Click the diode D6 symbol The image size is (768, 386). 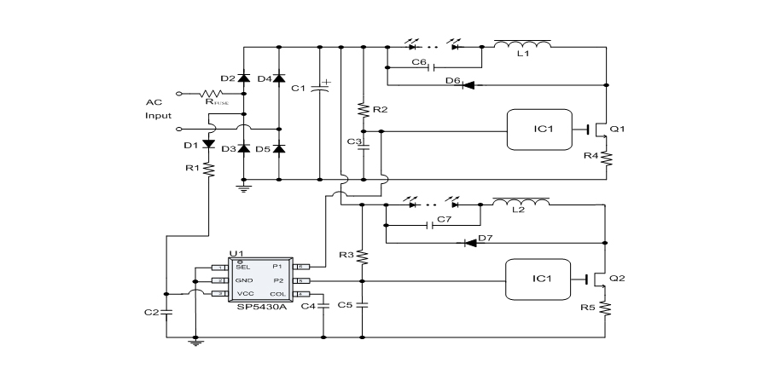tap(468, 85)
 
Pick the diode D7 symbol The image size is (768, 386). tap(469, 243)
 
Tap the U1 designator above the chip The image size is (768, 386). tap(236, 254)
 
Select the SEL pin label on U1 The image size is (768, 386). tap(242, 267)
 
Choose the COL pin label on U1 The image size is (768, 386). tap(278, 294)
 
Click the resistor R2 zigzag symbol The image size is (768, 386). tap(364, 110)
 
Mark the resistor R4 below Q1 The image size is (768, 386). tap(607, 158)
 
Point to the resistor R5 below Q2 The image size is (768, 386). tap(607, 307)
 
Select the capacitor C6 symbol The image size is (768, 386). tap(433, 67)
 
